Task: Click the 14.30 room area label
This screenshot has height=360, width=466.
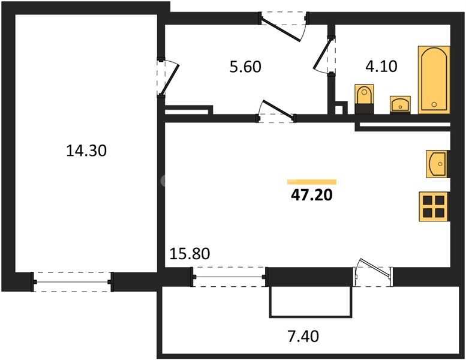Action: click(86, 151)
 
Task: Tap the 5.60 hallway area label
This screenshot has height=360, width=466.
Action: click(245, 67)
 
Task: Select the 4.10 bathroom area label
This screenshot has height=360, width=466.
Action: click(381, 66)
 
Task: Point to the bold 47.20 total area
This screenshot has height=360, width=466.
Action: click(312, 196)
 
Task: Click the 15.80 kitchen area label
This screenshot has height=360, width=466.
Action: click(190, 254)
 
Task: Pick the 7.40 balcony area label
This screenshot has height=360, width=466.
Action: click(303, 336)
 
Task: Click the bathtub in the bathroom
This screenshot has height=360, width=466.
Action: click(434, 80)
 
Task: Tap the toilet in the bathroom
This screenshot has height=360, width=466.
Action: click(364, 98)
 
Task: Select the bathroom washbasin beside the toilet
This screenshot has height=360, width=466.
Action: click(400, 104)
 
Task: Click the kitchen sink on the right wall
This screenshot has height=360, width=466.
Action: click(438, 164)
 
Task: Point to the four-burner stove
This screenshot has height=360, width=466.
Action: click(434, 206)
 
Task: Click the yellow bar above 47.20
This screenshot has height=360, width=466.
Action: click(312, 182)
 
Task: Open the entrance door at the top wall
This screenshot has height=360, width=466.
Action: click(284, 27)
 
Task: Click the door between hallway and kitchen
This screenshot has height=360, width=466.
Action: click(276, 112)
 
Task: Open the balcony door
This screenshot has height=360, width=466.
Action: click(373, 271)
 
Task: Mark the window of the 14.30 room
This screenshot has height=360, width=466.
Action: click(73, 282)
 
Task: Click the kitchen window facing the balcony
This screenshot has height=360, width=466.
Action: click(230, 277)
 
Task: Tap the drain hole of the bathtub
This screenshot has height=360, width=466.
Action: click(434, 104)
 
